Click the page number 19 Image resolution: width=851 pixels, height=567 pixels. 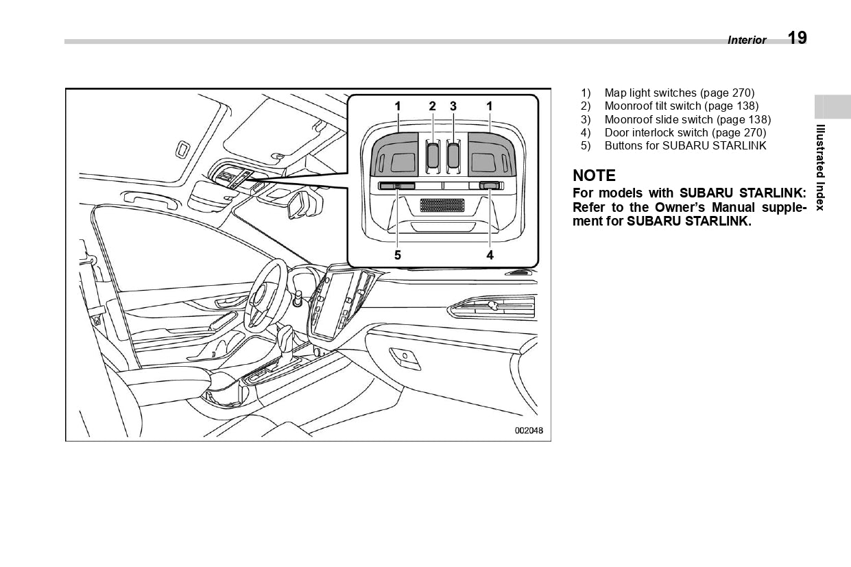point(797,38)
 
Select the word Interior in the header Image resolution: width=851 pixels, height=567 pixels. point(747,40)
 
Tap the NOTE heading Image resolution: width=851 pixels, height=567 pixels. point(594,176)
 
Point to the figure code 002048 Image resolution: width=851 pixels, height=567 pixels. point(529,431)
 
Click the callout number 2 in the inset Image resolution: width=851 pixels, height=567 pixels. point(432,106)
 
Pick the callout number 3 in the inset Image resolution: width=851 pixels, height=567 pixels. point(453,106)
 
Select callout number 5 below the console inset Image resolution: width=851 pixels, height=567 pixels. point(398,255)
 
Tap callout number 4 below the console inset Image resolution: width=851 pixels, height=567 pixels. point(490,255)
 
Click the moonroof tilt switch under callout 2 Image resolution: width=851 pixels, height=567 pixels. point(433,155)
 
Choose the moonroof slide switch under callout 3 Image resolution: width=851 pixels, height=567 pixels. point(453,155)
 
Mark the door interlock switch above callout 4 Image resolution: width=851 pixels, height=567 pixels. point(490,185)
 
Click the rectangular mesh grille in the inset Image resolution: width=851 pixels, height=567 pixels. point(442,205)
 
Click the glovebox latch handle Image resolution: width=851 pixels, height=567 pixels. point(405,355)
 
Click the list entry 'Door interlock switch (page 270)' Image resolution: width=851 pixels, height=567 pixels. point(685,132)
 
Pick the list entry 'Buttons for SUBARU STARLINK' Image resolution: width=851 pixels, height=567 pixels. point(685,145)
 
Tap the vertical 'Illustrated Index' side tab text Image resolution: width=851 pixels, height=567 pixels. point(820,167)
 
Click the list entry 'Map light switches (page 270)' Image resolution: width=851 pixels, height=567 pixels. point(679,93)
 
